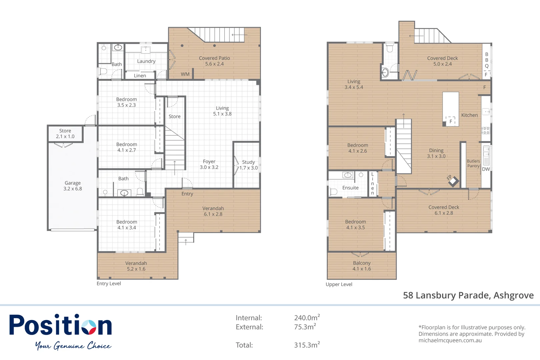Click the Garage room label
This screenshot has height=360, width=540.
pyautogui.click(x=73, y=186)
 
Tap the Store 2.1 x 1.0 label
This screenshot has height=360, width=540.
pyautogui.click(x=65, y=134)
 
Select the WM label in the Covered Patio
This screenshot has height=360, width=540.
pyautogui.click(x=185, y=74)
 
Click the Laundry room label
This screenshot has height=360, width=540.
pyautogui.click(x=146, y=61)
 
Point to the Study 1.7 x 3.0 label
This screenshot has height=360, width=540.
pyautogui.click(x=248, y=165)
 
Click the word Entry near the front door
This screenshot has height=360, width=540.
pyautogui.click(x=187, y=194)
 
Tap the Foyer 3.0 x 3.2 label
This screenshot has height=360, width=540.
pyautogui.click(x=209, y=164)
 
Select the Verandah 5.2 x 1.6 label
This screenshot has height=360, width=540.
pyautogui.click(x=136, y=266)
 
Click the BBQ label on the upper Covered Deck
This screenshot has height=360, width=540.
pyautogui.click(x=487, y=60)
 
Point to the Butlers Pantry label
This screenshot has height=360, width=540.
pyautogui.click(x=473, y=163)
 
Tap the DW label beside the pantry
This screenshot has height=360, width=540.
pyautogui.click(x=486, y=169)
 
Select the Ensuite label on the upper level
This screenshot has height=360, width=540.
pyautogui.click(x=350, y=188)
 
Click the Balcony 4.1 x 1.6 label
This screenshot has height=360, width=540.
pyautogui.click(x=362, y=266)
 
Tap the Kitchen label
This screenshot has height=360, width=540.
pyautogui.click(x=469, y=115)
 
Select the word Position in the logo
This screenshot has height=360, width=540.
pyautogui.click(x=60, y=325)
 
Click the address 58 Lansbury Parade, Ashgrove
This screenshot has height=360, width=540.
pyautogui.click(x=468, y=295)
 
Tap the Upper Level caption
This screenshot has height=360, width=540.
pyautogui.click(x=339, y=284)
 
